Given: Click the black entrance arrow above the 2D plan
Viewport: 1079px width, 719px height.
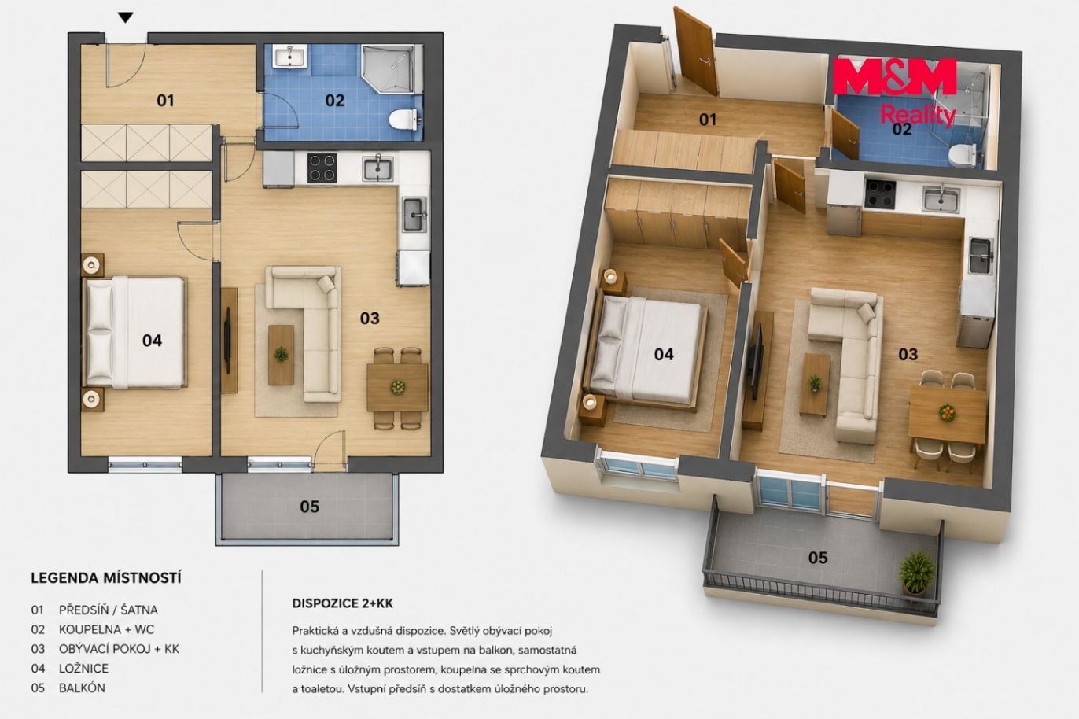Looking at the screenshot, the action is click(x=126, y=18).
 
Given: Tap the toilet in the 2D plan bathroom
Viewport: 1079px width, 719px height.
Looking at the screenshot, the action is click(x=403, y=119).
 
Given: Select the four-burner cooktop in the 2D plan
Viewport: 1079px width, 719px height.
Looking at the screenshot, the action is click(x=322, y=168).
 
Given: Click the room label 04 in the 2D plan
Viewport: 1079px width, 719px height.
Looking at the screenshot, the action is click(x=152, y=341).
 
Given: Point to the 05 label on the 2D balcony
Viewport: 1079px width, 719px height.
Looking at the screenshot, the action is click(x=309, y=507).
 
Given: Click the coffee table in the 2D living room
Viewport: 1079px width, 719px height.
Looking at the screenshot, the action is click(x=282, y=355).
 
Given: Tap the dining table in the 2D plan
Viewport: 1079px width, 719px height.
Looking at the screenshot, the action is click(x=397, y=388).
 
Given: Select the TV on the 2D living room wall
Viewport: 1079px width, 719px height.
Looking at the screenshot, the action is click(x=226, y=340).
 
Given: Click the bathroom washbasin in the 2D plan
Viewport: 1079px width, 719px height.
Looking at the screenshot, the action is click(x=289, y=57).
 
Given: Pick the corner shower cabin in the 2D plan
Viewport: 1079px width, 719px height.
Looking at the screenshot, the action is click(x=388, y=68).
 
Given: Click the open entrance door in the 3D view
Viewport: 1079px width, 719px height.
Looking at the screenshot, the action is click(x=696, y=52).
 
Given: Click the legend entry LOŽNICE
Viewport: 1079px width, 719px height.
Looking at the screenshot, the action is click(x=84, y=669).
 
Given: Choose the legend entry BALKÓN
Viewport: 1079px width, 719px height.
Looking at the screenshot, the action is click(x=82, y=688).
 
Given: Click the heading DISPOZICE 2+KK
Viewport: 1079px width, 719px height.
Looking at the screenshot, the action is click(x=342, y=603).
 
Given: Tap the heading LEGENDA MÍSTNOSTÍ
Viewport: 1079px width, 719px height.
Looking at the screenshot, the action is click(x=106, y=578).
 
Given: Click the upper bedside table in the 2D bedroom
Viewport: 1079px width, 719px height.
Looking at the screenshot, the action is click(x=92, y=264).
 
